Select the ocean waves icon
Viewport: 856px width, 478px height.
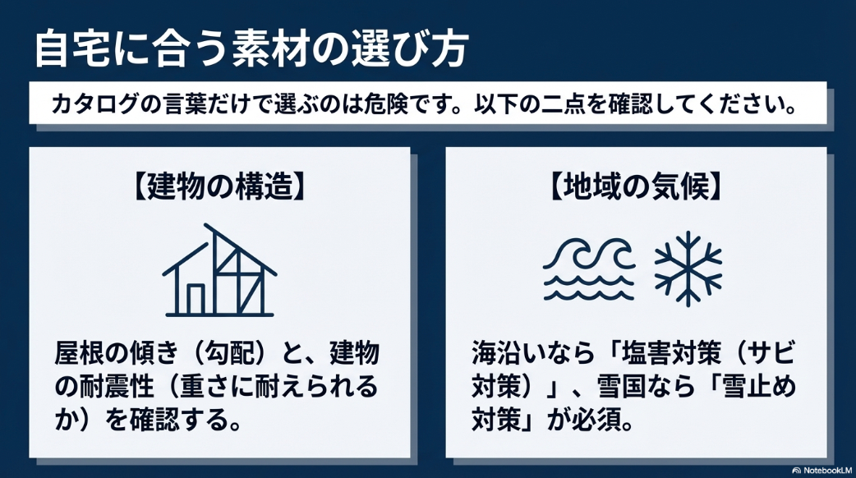[x=589, y=269]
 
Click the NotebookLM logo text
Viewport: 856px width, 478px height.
[x=823, y=469]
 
